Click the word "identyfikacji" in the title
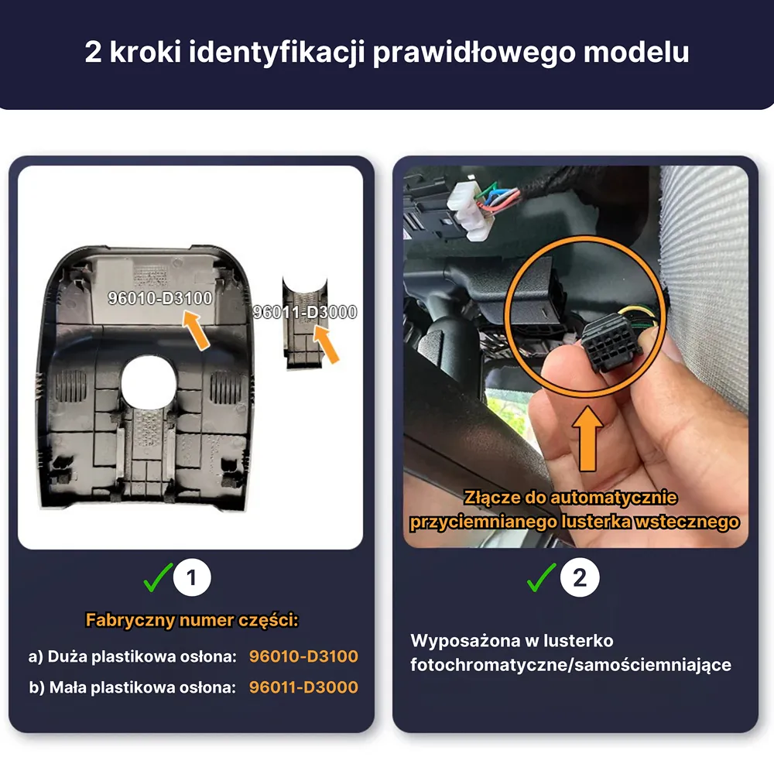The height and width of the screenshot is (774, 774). [277, 53]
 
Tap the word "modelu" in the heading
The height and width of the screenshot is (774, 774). [636, 51]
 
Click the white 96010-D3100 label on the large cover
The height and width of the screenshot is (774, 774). [160, 298]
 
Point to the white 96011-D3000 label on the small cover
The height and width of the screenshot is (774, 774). [304, 312]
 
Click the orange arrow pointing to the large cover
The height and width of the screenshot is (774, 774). [196, 329]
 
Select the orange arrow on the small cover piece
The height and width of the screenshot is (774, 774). [327, 344]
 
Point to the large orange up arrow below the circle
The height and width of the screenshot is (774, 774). [587, 438]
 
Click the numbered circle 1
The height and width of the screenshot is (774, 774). [192, 577]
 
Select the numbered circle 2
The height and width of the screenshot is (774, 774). [580, 577]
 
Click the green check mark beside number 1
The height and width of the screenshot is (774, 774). [158, 577]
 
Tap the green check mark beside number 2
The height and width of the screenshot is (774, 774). [542, 577]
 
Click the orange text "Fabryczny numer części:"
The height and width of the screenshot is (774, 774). [192, 620]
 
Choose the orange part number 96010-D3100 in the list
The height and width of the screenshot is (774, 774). [303, 656]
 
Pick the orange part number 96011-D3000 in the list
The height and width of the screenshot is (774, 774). [303, 687]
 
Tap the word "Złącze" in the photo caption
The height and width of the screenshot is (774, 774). [491, 498]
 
